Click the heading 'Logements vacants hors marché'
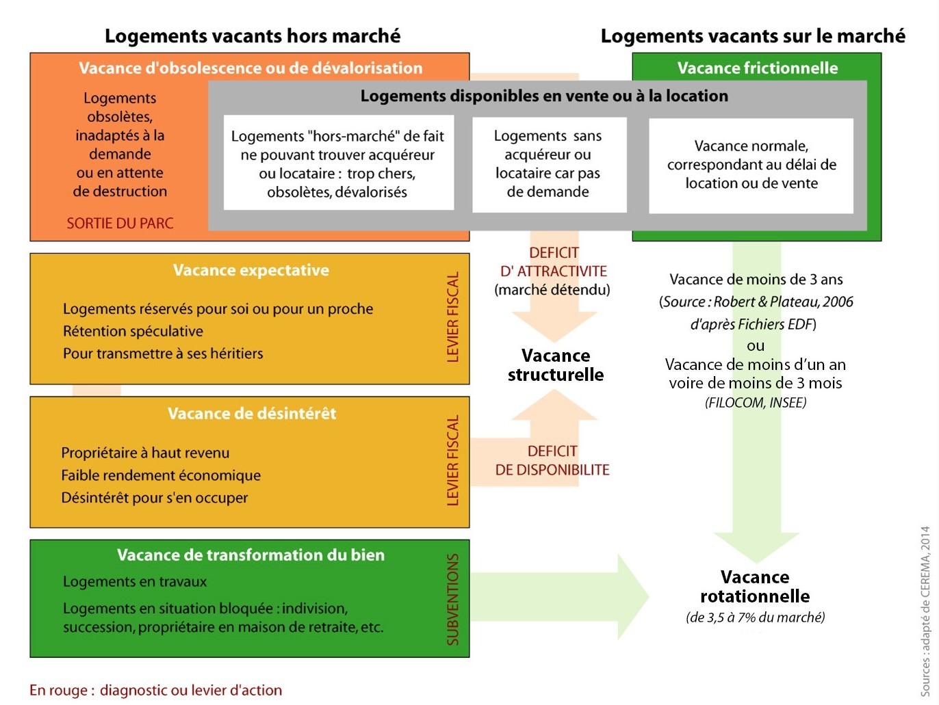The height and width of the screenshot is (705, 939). coord(253,36)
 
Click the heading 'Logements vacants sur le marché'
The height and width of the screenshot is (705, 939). coord(753,36)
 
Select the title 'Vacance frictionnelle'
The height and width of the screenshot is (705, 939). coord(757,68)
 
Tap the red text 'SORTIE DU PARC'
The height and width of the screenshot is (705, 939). coord(120,224)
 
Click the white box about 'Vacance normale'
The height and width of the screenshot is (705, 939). coord(751,165)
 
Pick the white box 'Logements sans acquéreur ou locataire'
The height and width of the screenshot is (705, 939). coord(548,164)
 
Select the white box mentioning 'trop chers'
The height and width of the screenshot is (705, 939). coord(338,164)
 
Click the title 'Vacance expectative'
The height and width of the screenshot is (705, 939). coord(250,270)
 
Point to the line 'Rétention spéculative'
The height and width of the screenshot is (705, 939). coord(133,332)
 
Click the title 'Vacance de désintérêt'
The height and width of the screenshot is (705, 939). coord(252,413)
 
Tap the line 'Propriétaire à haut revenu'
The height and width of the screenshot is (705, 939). coord(145,453)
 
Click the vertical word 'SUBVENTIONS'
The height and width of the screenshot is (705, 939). coord(453,599)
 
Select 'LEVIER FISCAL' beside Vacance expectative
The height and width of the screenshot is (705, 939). coord(453,317)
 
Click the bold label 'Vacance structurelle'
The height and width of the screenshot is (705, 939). coord(556,365)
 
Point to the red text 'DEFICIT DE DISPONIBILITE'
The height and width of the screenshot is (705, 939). coord(552,460)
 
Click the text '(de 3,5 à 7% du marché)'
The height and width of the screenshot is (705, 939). coord(755,617)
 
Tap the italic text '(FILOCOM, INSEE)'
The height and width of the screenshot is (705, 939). coord(756,403)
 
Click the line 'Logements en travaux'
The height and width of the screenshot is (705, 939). coord(135,582)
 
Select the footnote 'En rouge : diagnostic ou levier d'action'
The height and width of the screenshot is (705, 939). coord(155,690)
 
